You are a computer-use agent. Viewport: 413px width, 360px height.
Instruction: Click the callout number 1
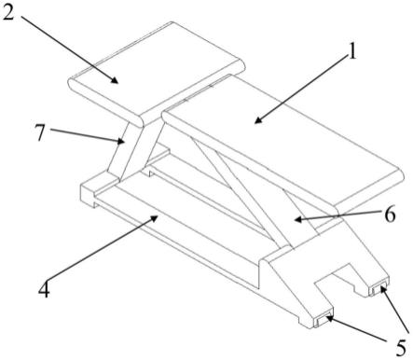click(x=351, y=51)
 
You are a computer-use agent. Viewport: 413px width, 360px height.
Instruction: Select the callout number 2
click(x=7, y=12)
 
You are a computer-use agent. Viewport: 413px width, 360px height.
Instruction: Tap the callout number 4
click(x=44, y=289)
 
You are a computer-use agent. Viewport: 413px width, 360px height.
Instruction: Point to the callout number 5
click(x=401, y=348)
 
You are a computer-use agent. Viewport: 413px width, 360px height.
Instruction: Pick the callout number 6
click(x=390, y=215)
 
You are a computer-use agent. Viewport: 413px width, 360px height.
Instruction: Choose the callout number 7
click(x=40, y=132)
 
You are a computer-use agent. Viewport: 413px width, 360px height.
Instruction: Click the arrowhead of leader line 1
click(x=257, y=121)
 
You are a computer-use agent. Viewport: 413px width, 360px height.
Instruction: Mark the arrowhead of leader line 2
click(x=115, y=80)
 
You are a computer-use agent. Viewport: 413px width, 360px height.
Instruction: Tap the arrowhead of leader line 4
click(x=154, y=218)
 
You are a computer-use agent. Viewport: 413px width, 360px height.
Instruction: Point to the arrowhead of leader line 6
click(x=297, y=219)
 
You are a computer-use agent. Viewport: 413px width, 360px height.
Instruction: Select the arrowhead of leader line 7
click(x=121, y=142)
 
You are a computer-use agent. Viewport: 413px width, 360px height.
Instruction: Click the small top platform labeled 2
click(x=157, y=74)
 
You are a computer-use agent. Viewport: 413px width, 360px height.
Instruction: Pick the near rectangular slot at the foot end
click(x=324, y=321)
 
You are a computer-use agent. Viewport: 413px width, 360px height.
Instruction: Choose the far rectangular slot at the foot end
click(x=379, y=290)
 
